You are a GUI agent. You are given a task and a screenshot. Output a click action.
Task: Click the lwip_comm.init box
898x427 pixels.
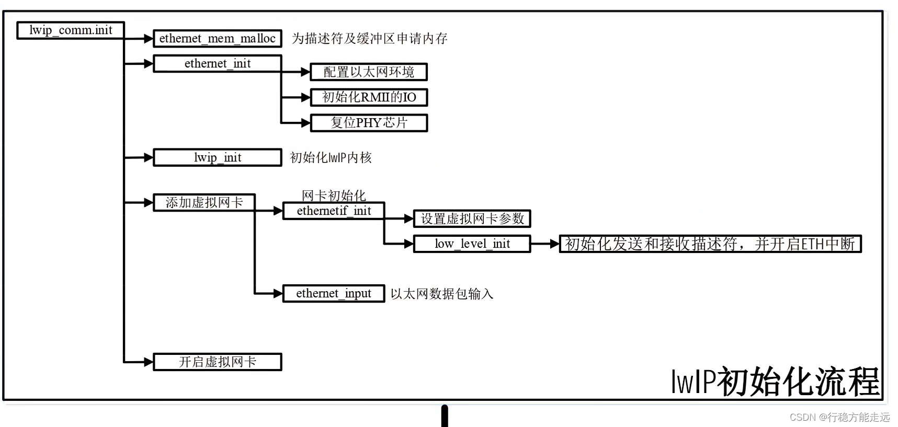click(x=71, y=30)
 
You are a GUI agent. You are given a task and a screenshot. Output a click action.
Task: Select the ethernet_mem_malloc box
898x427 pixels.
click(x=217, y=39)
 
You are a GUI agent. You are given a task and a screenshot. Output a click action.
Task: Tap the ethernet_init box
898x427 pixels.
click(x=217, y=64)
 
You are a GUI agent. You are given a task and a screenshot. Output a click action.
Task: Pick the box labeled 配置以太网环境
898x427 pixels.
click(x=369, y=72)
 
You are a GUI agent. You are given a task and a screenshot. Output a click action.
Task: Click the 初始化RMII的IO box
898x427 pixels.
click(x=369, y=97)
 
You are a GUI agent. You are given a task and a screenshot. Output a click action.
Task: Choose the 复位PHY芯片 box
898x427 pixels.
click(x=369, y=123)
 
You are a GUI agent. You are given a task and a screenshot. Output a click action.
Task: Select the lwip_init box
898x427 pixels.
click(x=217, y=158)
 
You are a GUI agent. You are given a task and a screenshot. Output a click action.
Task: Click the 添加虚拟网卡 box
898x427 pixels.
click(x=204, y=203)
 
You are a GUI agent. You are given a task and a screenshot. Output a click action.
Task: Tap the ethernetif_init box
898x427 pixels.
click(x=334, y=211)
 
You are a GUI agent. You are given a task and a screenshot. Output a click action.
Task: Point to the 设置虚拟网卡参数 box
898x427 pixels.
click(x=472, y=219)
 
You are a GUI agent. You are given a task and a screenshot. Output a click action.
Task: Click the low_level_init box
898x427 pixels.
click(x=472, y=244)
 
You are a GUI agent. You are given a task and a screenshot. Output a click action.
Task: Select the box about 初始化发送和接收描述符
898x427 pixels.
click(x=710, y=244)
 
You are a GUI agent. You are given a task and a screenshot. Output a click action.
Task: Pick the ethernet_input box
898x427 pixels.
click(x=334, y=294)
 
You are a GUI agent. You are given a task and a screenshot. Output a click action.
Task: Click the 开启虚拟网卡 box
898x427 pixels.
click(x=217, y=362)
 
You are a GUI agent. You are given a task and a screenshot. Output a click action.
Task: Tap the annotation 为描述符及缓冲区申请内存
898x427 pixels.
click(x=369, y=39)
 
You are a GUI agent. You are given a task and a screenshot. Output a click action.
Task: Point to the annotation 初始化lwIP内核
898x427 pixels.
click(x=331, y=158)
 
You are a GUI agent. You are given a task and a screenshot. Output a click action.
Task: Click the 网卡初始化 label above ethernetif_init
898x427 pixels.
click(x=334, y=195)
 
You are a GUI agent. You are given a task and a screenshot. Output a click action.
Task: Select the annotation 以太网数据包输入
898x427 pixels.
click(x=442, y=294)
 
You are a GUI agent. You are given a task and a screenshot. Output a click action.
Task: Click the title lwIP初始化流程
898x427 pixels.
click(x=775, y=382)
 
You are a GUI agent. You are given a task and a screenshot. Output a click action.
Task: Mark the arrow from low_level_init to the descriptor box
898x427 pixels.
click(x=545, y=244)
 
